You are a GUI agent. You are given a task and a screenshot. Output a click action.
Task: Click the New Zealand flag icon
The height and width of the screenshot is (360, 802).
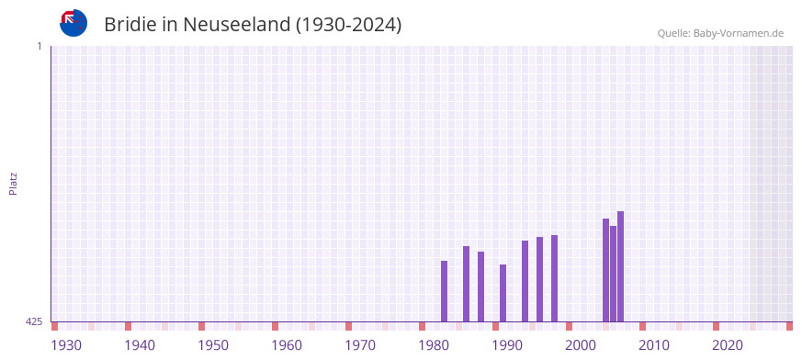(73, 24)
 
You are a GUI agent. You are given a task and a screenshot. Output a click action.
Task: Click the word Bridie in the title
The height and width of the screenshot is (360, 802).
(130, 25)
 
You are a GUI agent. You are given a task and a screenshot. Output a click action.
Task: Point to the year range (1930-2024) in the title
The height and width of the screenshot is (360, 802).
(348, 25)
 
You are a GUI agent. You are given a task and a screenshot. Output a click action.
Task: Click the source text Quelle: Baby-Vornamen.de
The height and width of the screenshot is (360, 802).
(720, 33)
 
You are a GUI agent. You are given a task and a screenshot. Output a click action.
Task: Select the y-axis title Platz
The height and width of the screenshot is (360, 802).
(13, 183)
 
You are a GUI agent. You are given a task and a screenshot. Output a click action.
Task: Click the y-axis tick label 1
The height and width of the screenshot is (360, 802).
(40, 46)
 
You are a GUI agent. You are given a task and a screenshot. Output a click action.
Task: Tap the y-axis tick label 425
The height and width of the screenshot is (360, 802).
(34, 321)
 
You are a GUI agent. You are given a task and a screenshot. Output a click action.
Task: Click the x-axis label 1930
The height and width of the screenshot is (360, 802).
(66, 345)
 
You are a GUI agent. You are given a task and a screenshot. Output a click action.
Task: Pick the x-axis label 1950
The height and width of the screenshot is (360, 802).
(213, 345)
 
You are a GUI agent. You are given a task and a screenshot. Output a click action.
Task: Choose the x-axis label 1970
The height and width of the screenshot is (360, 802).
(360, 345)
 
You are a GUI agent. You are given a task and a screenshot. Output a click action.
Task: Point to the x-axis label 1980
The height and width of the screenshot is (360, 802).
(434, 345)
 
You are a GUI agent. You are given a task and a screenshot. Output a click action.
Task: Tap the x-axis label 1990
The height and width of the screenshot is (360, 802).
(507, 345)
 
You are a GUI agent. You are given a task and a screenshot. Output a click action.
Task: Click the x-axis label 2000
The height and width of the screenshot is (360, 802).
(581, 345)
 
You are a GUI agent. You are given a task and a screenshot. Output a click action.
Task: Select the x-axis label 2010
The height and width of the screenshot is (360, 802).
(654, 345)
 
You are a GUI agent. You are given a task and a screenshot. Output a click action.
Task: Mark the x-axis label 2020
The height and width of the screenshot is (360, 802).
(728, 345)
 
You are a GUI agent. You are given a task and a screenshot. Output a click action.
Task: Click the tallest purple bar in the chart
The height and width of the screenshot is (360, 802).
(621, 266)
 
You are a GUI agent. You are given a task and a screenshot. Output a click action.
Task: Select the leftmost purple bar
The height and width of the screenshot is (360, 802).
(445, 291)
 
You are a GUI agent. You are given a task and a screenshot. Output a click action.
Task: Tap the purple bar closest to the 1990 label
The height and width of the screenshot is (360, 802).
(503, 293)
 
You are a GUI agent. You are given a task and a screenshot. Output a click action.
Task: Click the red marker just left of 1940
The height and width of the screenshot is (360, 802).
(129, 326)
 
